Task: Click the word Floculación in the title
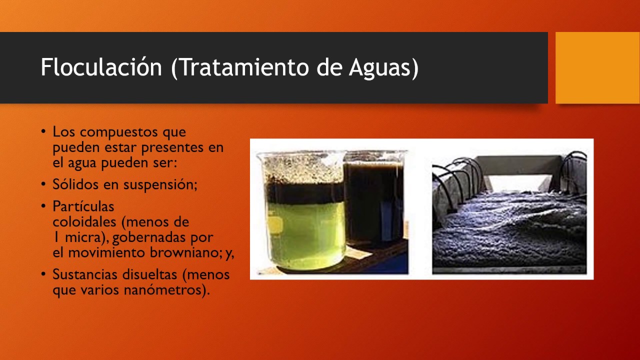tap(101, 67)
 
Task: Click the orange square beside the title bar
tap(597, 67)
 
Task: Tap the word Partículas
tap(83, 206)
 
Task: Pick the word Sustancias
tap(83, 274)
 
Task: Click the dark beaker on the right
tap(374, 205)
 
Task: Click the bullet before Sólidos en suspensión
tap(44, 184)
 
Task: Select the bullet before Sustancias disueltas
tap(44, 274)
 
